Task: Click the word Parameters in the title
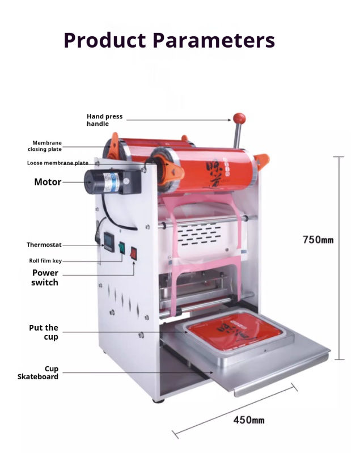tap(215, 40)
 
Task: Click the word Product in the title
tap(105, 40)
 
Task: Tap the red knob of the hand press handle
tap(239, 118)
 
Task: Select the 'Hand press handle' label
tap(104, 120)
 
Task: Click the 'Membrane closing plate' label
tap(45, 146)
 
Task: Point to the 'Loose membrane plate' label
tap(57, 163)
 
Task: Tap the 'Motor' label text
tap(48, 182)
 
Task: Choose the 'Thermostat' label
tap(44, 245)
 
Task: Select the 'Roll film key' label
tap(45, 261)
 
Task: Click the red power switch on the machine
tap(134, 253)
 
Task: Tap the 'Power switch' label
tap(45, 277)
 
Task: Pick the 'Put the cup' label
tap(44, 332)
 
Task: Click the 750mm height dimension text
tap(318, 240)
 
